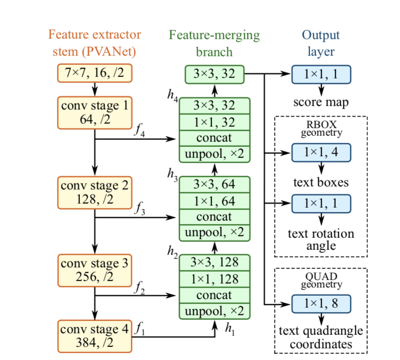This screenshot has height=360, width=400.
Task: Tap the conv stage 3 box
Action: tap(94, 269)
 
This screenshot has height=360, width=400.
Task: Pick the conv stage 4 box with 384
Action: tap(94, 336)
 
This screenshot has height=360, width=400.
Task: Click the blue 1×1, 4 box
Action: tap(321, 151)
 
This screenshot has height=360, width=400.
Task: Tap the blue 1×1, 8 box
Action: tap(321, 304)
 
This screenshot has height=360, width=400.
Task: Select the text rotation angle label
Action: tap(321, 240)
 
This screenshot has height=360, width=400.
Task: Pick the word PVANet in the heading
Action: tap(116, 51)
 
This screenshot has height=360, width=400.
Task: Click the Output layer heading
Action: tap(321, 43)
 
